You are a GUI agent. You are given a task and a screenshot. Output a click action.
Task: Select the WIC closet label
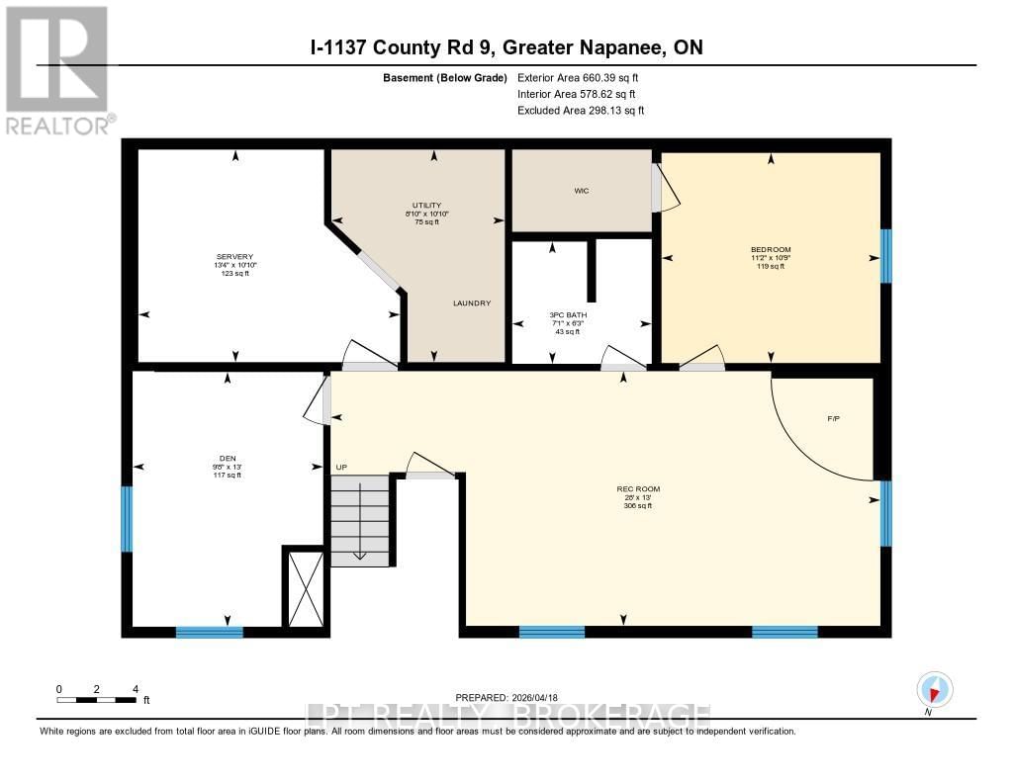point(582,191)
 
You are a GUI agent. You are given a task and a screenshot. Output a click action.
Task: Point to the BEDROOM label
point(771,249)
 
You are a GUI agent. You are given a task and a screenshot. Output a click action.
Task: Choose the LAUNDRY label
point(472,304)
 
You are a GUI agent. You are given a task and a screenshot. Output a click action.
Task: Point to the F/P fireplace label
point(834,419)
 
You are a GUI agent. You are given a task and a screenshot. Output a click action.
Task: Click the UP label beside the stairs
point(341,466)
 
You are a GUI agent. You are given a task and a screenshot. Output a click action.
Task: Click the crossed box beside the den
point(304,588)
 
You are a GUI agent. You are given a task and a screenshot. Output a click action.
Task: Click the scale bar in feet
point(97,699)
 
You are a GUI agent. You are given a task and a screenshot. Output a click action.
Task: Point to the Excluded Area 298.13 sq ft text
point(581,111)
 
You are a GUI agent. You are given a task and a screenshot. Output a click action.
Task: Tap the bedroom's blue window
point(885,256)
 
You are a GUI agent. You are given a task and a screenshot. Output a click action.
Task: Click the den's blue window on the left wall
point(127,518)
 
